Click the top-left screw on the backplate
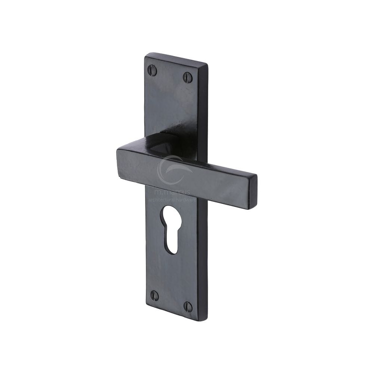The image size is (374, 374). (152, 69)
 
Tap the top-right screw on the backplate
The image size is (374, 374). (188, 77)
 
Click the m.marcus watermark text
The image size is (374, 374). (172, 192)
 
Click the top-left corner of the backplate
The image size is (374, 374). (146, 55)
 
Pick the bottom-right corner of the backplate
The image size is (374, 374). (205, 320)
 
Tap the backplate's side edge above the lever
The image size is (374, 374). (205, 112)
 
